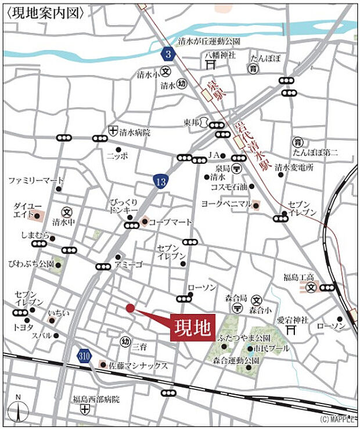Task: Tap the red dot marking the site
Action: coord(130,308)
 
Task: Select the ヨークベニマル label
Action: coord(226,204)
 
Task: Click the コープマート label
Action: coord(170,221)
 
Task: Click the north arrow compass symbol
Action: coord(19,410)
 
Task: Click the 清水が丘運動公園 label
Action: coord(209,42)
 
